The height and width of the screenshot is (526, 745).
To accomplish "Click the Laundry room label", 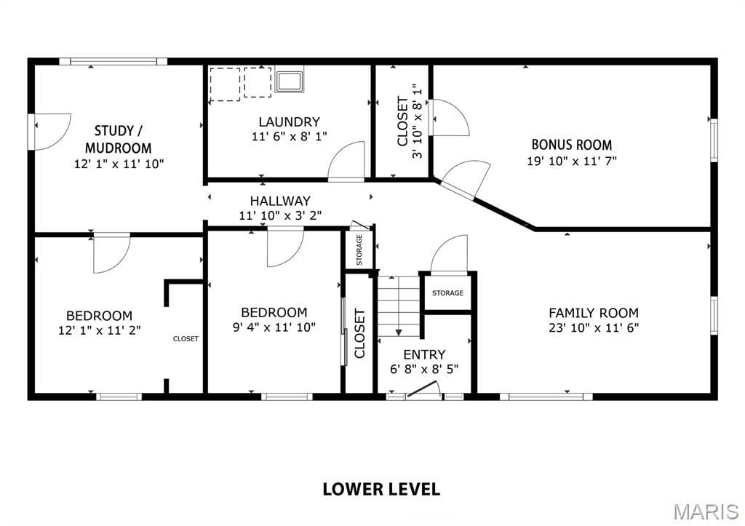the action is click(289, 121).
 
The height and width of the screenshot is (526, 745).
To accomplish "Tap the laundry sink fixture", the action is click(289, 81).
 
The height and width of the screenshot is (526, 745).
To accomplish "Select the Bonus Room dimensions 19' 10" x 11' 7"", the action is click(572, 161).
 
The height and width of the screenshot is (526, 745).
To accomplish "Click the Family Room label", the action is click(594, 313).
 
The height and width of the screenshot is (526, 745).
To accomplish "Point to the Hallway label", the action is click(280, 201).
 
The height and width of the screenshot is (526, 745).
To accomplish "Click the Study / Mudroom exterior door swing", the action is click(52, 132).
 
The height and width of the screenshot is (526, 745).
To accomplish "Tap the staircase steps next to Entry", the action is click(398, 306).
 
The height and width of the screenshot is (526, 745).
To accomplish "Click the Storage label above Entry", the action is click(447, 293).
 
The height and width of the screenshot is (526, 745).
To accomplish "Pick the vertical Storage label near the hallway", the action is click(359, 250).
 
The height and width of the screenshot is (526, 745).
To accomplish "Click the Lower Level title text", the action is click(381, 489).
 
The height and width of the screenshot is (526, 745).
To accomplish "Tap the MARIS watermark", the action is click(706, 511).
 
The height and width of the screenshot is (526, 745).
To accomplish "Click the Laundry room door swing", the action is click(346, 161).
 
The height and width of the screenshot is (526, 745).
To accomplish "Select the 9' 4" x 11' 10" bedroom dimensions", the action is click(274, 327).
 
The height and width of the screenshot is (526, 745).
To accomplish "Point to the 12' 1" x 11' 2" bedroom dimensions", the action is click(99, 330).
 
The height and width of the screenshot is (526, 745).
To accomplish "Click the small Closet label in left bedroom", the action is click(186, 339).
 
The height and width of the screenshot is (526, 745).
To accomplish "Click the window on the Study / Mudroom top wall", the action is click(113, 61).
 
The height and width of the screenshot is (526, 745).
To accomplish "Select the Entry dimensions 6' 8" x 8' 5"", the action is click(424, 369).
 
